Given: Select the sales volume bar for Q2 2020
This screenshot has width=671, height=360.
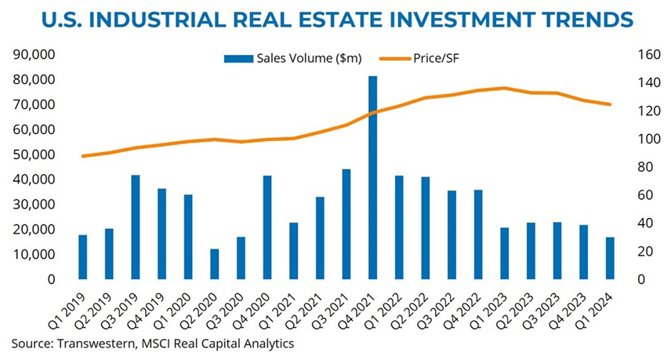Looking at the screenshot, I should coord(214,264).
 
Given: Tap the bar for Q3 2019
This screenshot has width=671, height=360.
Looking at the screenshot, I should coord(136,227).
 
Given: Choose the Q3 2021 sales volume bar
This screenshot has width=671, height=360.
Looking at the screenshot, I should coord(346,224).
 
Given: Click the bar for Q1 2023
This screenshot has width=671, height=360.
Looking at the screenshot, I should coord(505,253).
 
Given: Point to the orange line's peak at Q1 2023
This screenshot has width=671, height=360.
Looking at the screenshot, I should coord(505,88).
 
